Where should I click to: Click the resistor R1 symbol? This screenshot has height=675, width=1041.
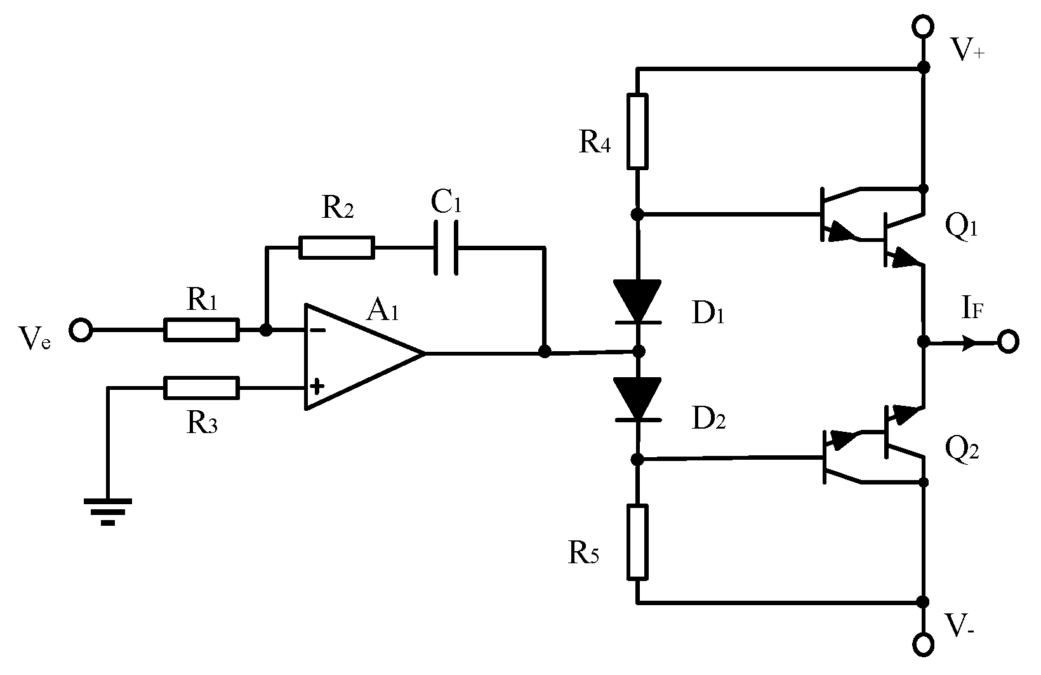pyautogui.click(x=202, y=330)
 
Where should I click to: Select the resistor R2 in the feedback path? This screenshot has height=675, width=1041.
pyautogui.click(x=336, y=248)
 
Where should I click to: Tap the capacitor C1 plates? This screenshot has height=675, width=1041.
pyautogui.click(x=446, y=248)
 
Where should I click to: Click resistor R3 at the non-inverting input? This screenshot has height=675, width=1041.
pyautogui.click(x=202, y=387)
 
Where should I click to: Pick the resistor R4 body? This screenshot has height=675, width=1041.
pyautogui.click(x=638, y=131)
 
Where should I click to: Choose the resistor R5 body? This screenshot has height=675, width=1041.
pyautogui.click(x=638, y=542)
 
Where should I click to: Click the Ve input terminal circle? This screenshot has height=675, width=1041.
pyautogui.click(x=81, y=330)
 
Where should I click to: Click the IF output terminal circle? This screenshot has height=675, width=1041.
pyautogui.click(x=1007, y=342)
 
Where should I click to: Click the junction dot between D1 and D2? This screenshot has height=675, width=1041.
pyautogui.click(x=639, y=351)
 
